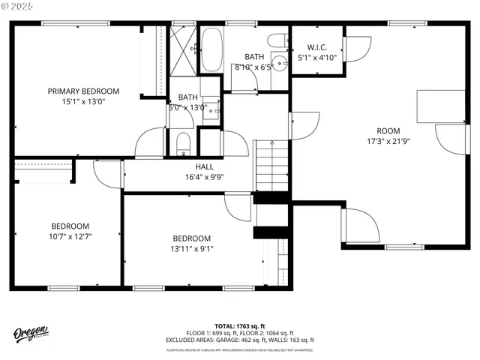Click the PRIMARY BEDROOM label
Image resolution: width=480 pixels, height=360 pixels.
[83, 91]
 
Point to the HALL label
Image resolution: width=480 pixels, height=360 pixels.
[204, 166]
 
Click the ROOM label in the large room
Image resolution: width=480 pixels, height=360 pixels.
[388, 130]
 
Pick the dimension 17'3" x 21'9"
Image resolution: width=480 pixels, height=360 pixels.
[388, 140]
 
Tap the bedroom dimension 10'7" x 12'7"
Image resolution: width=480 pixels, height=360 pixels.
[70, 236]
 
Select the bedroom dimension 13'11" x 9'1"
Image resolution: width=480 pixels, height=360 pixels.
[193, 249]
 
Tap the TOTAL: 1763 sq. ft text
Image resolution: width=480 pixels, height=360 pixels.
[240, 326]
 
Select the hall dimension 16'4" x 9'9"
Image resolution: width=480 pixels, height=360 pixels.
[204, 177]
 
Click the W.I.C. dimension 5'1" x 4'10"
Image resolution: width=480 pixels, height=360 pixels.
[317, 56]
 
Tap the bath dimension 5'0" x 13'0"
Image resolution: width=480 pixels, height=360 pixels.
[187, 106]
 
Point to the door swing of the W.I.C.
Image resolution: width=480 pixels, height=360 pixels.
[355, 46]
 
